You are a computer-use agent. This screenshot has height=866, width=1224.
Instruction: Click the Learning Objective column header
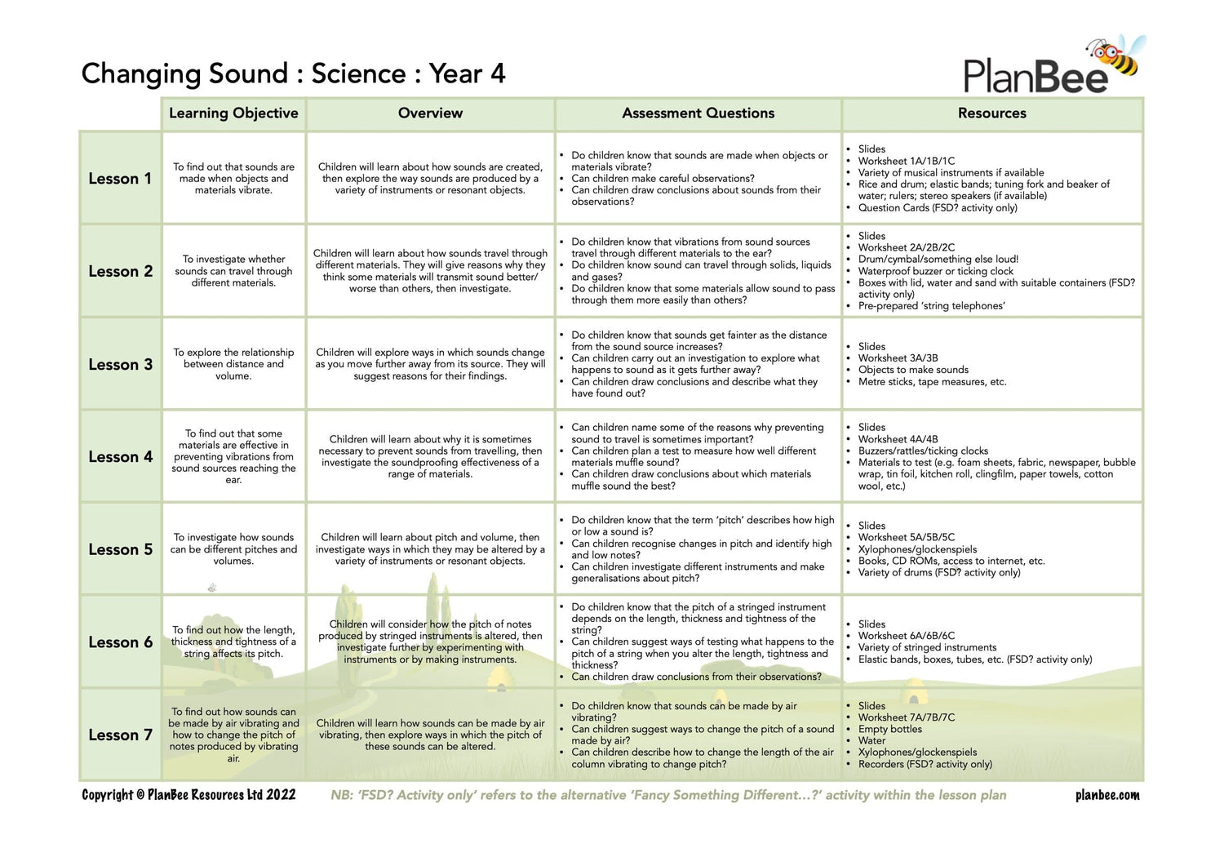[x=233, y=113]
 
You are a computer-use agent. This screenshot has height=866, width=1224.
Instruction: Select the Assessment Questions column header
[x=698, y=113]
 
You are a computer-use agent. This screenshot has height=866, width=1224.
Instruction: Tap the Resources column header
[x=991, y=113]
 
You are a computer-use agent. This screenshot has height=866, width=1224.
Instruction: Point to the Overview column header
[x=430, y=113]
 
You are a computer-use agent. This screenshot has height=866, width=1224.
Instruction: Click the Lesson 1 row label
[x=120, y=179]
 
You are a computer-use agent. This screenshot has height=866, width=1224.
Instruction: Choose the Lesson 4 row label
[x=120, y=457]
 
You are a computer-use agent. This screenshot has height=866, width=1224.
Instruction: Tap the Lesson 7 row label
[x=120, y=735]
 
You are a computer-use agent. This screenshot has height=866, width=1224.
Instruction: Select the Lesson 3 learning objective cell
[x=233, y=364]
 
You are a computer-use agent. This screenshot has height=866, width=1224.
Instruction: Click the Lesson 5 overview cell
[x=430, y=549]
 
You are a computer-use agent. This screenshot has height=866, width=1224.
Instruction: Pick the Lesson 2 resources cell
[x=991, y=271]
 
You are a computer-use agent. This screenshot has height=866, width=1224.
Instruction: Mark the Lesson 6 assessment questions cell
[x=698, y=642]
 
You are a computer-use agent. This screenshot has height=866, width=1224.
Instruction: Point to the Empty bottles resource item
[x=889, y=729]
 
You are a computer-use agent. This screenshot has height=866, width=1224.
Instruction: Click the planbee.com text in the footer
[x=1107, y=795]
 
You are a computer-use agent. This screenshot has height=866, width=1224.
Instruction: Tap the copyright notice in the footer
[x=188, y=795]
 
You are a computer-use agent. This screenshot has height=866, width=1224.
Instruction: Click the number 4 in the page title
[x=498, y=74]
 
